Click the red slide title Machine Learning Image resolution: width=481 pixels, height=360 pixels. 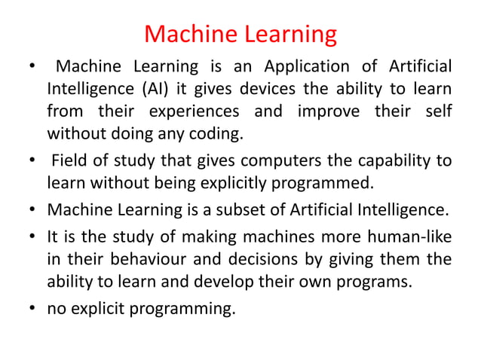click(240, 34)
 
